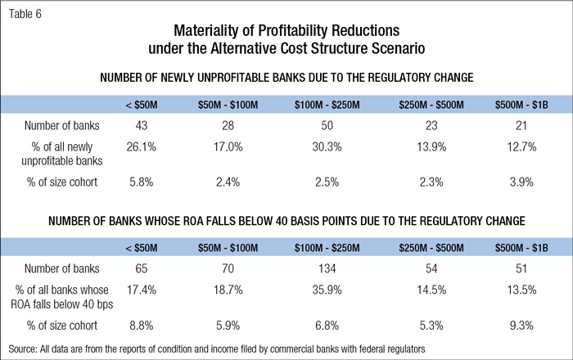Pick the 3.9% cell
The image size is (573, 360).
[x=523, y=182]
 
